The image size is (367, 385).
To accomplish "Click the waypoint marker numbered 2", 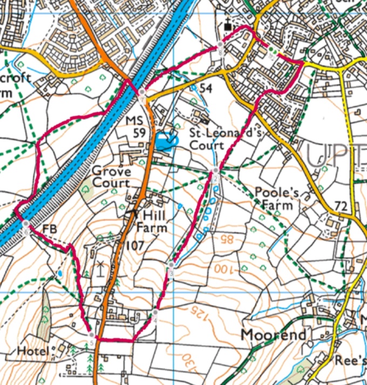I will (215, 172).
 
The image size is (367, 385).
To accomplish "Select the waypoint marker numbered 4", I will (155, 313).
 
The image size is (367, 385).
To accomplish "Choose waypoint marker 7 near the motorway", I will (141, 92).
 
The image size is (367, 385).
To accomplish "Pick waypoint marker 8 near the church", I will (220, 44).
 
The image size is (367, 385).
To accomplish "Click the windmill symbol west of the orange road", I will (100, 267).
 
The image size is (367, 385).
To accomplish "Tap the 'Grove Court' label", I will (111, 177).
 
